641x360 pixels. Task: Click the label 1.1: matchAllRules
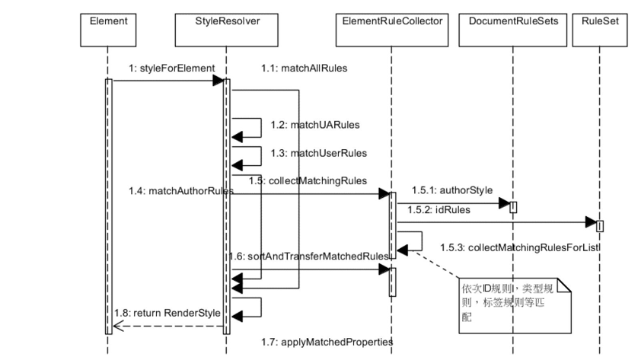click(304, 68)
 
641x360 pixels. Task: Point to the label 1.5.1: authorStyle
click(451, 190)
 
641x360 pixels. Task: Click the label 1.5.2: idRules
click(438, 209)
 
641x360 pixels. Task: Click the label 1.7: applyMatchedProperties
click(336, 342)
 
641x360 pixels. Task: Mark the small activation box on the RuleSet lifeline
click(600, 226)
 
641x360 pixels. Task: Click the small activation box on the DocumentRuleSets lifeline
click(513, 206)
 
